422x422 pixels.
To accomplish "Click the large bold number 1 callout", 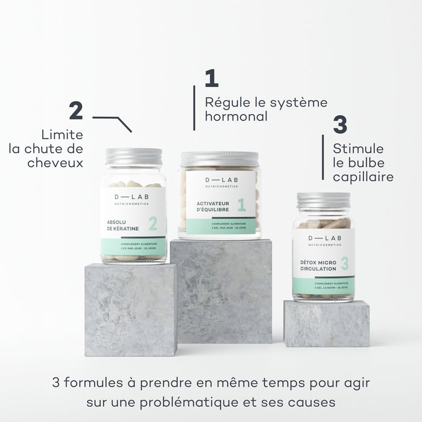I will point(211,79).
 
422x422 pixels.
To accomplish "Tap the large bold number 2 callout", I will point(76,111).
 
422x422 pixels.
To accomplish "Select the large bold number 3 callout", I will point(340,125).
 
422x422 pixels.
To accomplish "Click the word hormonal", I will point(236,116).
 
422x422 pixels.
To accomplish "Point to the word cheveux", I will point(55,163).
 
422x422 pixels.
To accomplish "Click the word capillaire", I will point(363,177).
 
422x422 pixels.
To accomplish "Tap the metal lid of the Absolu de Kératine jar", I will point(133,157).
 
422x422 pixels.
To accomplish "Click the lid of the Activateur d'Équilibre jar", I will point(219,159).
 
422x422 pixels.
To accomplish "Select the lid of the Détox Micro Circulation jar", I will point(324,200).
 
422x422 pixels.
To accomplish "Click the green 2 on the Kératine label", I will point(153,224).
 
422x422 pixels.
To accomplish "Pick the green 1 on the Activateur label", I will point(241,205).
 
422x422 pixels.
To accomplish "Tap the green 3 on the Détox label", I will point(344,263).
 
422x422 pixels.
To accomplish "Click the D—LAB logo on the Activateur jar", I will point(219,180).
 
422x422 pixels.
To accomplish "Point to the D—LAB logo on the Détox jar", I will point(324,238).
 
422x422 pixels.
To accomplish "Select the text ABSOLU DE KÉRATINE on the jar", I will point(123,224).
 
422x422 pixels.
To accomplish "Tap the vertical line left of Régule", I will point(194,107).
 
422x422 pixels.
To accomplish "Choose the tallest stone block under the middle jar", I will point(221,289).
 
